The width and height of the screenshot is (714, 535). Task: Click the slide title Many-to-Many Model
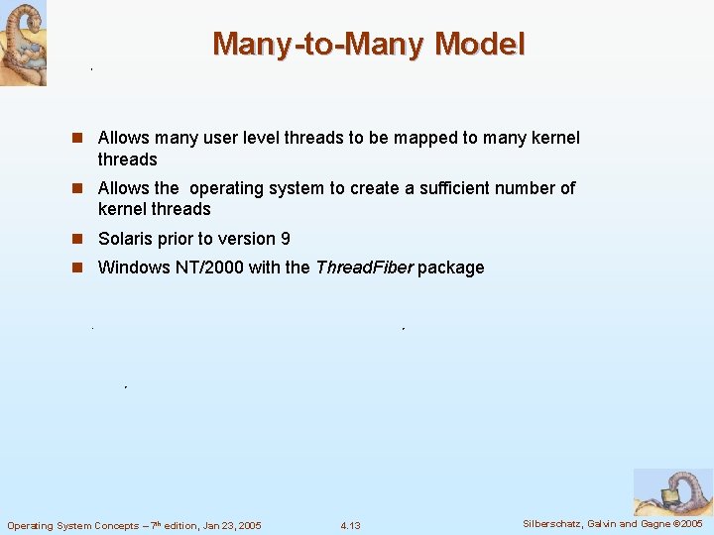pyautogui.click(x=369, y=45)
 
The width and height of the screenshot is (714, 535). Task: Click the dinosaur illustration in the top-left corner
pyautogui.click(x=23, y=43)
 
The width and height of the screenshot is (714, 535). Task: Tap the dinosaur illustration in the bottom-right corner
pyautogui.click(x=672, y=492)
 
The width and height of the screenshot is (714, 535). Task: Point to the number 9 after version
pyautogui.click(x=286, y=239)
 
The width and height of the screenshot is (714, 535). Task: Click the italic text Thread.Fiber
pyautogui.click(x=364, y=267)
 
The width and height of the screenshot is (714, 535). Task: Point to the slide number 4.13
pyautogui.click(x=350, y=525)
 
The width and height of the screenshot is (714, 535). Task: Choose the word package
pyautogui.click(x=451, y=267)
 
